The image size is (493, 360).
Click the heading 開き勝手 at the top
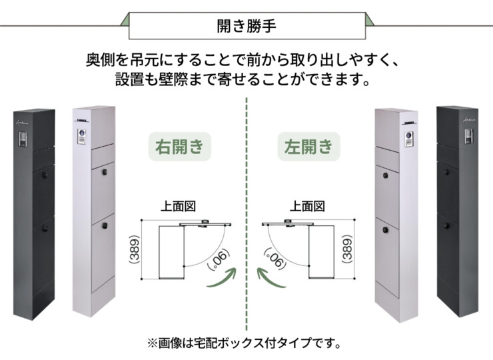246,27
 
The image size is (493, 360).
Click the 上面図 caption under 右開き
178,207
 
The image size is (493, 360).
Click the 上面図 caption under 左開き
308,207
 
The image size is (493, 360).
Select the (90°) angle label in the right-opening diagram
215,257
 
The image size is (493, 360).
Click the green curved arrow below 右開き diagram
223,279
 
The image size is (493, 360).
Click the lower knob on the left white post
105,227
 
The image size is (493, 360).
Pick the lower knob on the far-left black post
45,227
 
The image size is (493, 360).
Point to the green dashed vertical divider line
246,200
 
